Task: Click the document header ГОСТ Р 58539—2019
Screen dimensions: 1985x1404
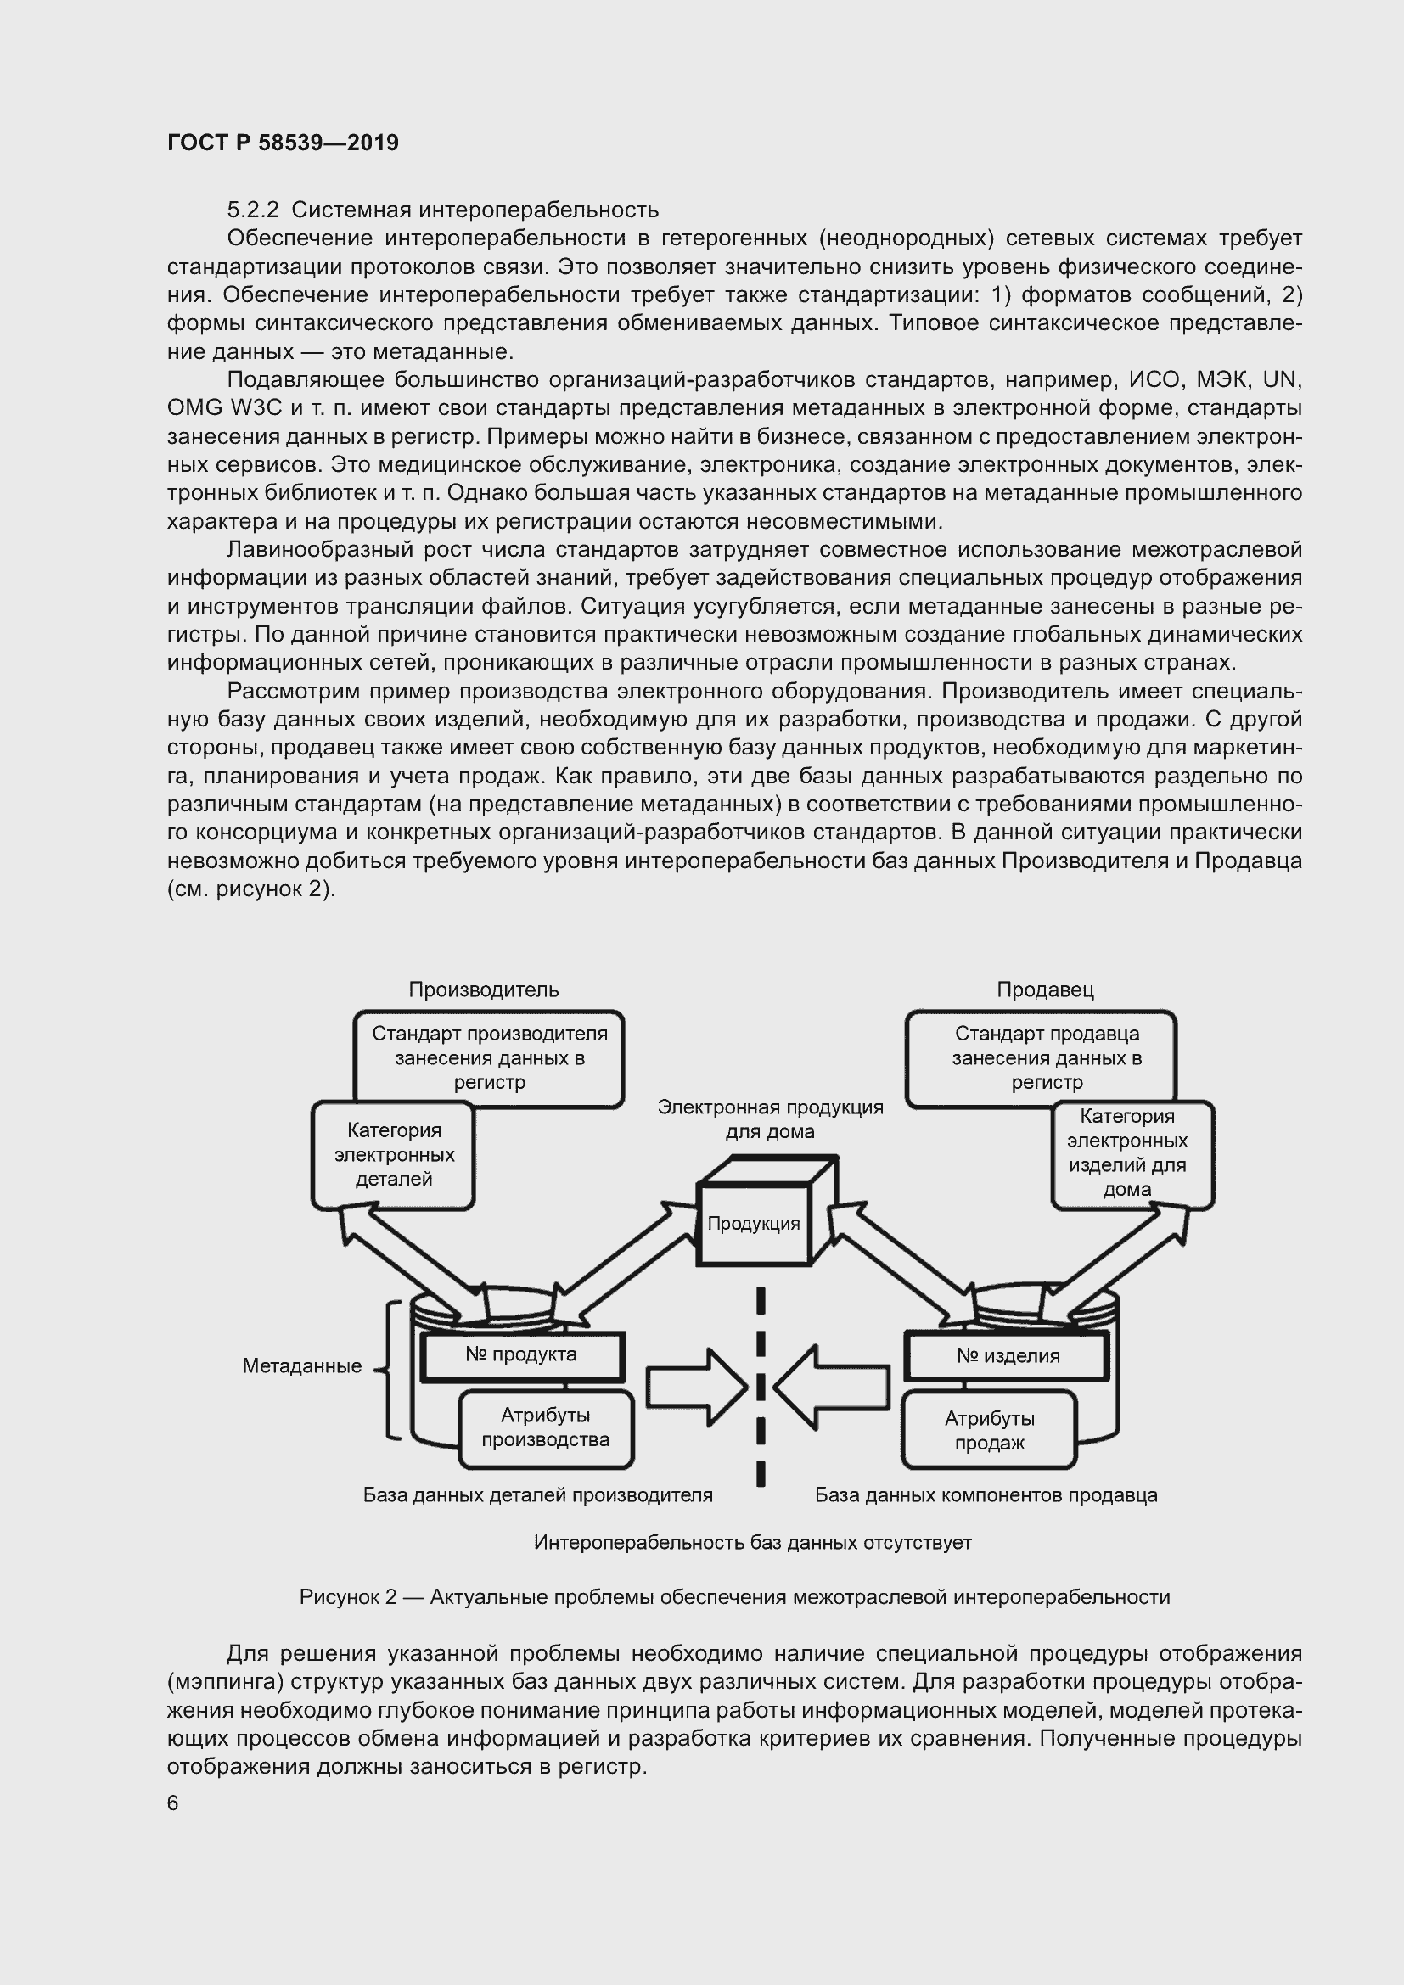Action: (x=283, y=143)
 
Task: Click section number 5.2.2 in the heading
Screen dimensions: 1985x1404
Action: (x=251, y=210)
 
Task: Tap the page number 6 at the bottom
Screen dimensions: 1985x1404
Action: (x=173, y=1803)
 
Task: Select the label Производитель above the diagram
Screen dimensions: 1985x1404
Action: (x=483, y=989)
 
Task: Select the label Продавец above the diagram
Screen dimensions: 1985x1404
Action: (x=1045, y=989)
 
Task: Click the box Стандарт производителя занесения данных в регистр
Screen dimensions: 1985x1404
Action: (x=489, y=1057)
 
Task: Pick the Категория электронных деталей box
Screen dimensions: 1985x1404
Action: (x=393, y=1154)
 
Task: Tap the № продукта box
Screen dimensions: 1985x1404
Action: (x=521, y=1354)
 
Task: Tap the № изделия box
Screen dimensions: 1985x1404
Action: (x=1008, y=1355)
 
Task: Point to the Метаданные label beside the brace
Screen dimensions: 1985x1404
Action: (x=301, y=1366)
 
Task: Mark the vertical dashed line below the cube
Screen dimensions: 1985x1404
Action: (x=761, y=1392)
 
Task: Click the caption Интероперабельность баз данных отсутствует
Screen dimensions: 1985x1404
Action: (x=752, y=1542)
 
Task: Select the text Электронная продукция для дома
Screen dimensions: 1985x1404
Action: (x=770, y=1119)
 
